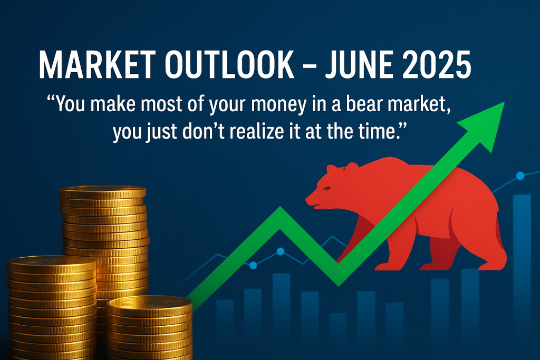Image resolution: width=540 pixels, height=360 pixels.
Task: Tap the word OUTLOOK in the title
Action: click(229, 65)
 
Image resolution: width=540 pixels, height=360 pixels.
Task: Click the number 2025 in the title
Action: click(437, 65)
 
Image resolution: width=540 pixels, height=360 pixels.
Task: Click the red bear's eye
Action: click(326, 188)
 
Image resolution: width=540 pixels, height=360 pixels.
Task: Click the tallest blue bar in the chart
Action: click(522, 275)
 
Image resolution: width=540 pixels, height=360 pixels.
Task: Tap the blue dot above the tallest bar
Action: click(520, 176)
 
